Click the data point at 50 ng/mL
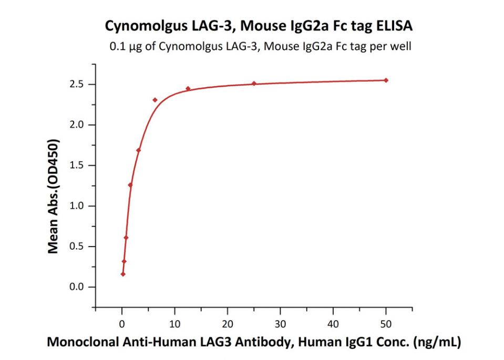tap(386, 80)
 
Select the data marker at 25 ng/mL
tap(254, 84)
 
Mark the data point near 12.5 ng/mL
tap(188, 88)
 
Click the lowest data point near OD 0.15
tap(123, 274)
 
